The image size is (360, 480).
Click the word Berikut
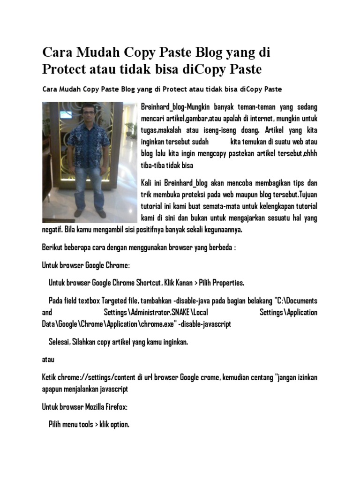click(52, 247)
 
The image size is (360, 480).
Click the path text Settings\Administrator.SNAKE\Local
click(156, 312)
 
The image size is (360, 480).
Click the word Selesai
click(59, 342)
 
